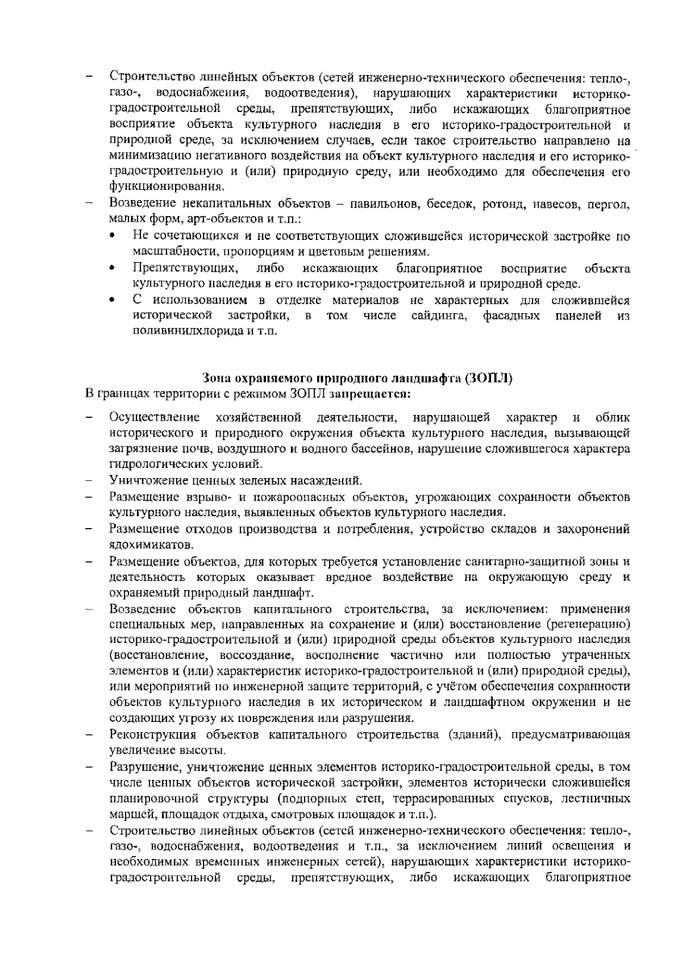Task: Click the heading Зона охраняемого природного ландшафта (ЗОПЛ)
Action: pos(357,379)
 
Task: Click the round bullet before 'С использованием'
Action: pos(115,300)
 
